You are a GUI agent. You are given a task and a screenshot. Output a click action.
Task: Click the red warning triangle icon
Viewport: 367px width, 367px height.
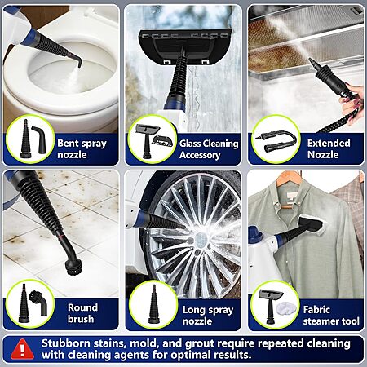[23, 349]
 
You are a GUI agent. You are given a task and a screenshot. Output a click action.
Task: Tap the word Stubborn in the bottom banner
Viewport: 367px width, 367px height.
[65, 343]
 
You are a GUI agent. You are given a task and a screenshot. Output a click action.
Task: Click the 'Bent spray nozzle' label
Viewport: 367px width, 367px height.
[82, 148]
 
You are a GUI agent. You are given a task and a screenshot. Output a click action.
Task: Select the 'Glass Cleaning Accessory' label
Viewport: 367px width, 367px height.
[209, 149]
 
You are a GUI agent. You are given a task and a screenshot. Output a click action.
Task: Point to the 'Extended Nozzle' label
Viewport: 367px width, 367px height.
[329, 148]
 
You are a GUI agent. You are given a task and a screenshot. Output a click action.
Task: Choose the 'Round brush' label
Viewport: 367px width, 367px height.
[82, 313]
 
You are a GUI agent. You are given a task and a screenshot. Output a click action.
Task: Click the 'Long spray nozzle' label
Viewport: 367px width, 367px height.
[208, 315]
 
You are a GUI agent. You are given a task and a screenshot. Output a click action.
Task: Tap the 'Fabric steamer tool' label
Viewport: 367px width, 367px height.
[331, 316]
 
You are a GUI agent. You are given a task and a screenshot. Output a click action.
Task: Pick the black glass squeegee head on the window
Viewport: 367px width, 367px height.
[185, 46]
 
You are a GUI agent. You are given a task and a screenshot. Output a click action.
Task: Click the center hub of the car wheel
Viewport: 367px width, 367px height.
[201, 240]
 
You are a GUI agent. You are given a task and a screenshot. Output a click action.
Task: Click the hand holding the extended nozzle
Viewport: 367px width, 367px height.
[352, 99]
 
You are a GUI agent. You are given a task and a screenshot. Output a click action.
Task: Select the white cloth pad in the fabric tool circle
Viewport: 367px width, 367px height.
[285, 308]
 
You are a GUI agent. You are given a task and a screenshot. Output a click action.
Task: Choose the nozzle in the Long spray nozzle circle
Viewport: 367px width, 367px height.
[153, 304]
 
